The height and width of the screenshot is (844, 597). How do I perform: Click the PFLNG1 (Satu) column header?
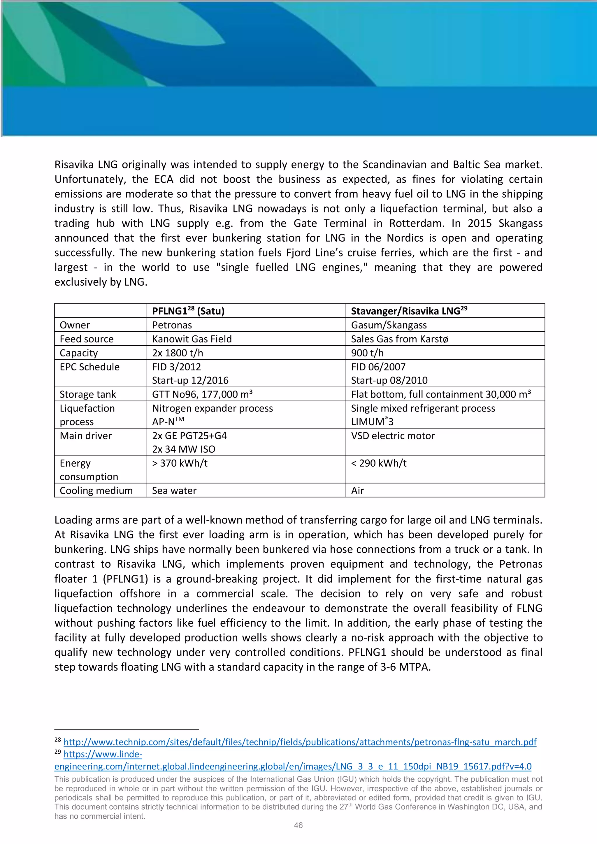(188, 311)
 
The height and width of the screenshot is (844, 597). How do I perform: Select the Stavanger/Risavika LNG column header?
(409, 311)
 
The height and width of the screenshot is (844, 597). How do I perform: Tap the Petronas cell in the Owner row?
(172, 325)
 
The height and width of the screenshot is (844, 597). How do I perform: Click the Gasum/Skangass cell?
(389, 325)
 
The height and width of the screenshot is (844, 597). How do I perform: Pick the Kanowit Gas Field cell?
(192, 339)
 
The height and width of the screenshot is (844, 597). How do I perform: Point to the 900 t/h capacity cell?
(367, 353)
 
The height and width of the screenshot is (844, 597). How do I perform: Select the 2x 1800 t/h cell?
(178, 353)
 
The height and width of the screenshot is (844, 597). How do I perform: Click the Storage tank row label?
(88, 394)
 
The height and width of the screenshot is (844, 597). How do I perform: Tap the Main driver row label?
(86, 436)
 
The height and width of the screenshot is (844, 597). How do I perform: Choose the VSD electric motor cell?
(393, 436)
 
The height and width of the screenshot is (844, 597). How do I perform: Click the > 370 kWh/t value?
(180, 463)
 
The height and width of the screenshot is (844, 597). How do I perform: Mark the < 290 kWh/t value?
(379, 463)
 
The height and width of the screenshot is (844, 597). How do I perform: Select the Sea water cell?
(174, 491)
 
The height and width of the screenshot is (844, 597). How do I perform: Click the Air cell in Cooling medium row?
(357, 491)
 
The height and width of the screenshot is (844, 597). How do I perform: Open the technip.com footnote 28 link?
(300, 742)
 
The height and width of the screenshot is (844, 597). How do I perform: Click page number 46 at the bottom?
(298, 825)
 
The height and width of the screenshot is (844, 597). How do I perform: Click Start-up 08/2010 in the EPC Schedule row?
(389, 380)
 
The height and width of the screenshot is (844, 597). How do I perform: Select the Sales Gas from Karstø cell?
(399, 339)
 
